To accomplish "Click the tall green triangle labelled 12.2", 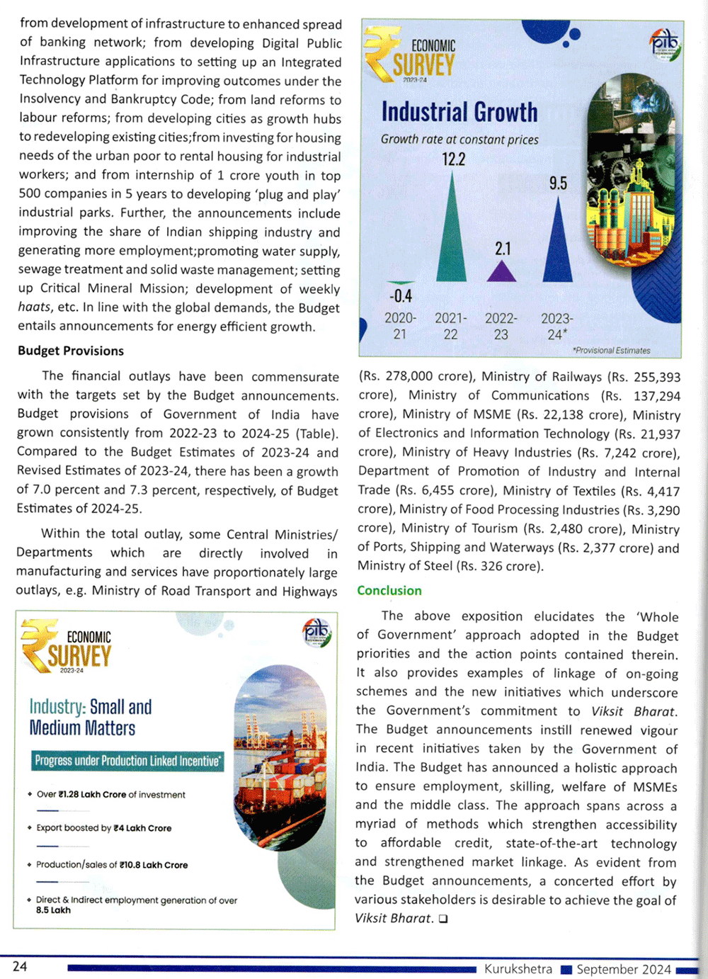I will pyautogui.click(x=451, y=234).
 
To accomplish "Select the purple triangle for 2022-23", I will pyautogui.click(x=501, y=273).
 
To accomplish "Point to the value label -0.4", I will pyautogui.click(x=400, y=295).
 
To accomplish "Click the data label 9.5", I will pyautogui.click(x=558, y=183).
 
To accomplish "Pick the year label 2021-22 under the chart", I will pyautogui.click(x=451, y=326).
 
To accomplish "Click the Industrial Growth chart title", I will pyautogui.click(x=459, y=112).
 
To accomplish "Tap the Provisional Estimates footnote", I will pyautogui.click(x=611, y=350).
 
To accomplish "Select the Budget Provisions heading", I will pyautogui.click(x=71, y=351).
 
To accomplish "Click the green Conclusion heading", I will pyautogui.click(x=389, y=590).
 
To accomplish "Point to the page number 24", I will pyautogui.click(x=20, y=966).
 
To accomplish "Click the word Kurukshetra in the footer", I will pyautogui.click(x=518, y=968).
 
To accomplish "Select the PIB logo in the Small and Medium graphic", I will pyautogui.click(x=316, y=631).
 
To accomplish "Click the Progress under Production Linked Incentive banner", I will pyautogui.click(x=127, y=761).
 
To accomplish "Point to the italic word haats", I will pyautogui.click(x=34, y=307).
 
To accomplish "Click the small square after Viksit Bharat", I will pyautogui.click(x=442, y=919).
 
